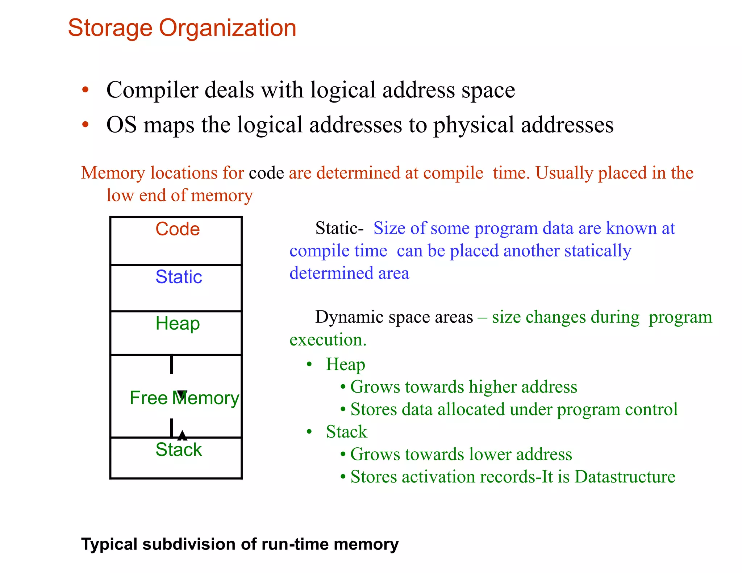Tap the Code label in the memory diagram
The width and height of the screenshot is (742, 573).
point(178,229)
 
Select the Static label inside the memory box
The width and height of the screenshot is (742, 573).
point(179,277)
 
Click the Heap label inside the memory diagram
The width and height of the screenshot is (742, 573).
point(178,323)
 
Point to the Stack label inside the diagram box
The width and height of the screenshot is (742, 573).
point(179,449)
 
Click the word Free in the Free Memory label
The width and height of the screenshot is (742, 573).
point(149,398)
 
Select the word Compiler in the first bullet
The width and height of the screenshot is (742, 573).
point(152,90)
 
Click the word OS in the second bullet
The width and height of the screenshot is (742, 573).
point(121,125)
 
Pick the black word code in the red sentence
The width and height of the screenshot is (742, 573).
point(266,173)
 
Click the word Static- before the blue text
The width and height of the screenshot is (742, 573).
point(339,228)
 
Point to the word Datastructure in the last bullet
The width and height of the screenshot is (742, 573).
point(625,477)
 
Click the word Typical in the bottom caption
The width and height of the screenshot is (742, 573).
point(109,544)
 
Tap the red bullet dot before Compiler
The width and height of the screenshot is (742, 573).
point(85,90)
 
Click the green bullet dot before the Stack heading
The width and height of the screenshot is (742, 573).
point(309,432)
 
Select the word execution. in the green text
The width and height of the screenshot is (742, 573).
point(328,340)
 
